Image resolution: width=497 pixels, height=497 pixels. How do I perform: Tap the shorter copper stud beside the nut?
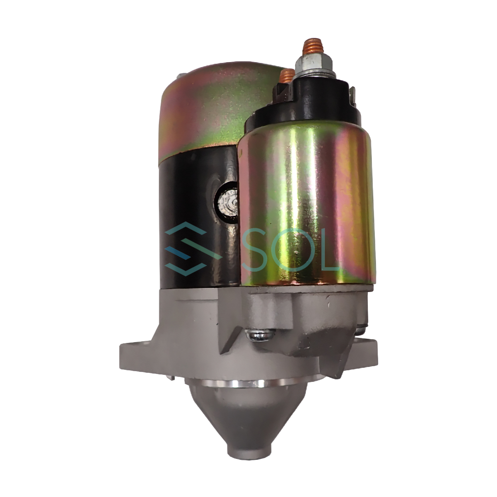point(286,76)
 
